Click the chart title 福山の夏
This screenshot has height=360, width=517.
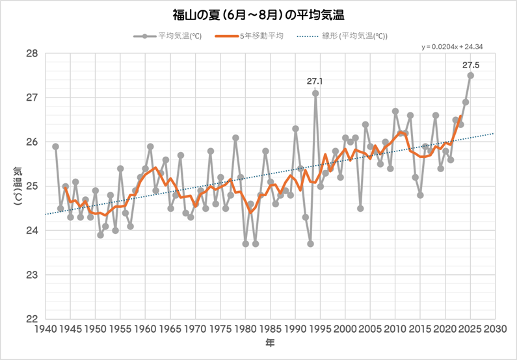(x=259, y=14)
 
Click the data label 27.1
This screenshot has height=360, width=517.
(x=315, y=82)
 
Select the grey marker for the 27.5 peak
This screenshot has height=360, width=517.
(x=471, y=75)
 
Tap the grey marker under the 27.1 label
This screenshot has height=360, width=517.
(x=315, y=93)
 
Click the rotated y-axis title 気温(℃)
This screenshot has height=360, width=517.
(x=16, y=187)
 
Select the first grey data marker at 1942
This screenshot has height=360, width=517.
(x=55, y=146)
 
